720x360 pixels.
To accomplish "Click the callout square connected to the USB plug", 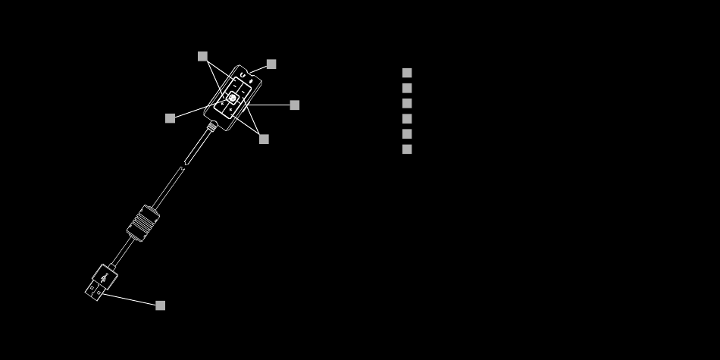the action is (x=160, y=305).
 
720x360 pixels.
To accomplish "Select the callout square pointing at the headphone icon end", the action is (x=271, y=64).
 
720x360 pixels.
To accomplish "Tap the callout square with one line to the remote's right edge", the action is (x=295, y=105).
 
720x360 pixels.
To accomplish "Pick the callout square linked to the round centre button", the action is (x=170, y=118).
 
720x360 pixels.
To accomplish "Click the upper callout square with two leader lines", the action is (x=202, y=56).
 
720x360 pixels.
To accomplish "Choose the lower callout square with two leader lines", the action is (x=264, y=139).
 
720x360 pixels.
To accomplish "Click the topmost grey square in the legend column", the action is (x=407, y=73).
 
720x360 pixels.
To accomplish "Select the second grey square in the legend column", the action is (x=407, y=88).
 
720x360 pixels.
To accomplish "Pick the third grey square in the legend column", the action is (x=407, y=103).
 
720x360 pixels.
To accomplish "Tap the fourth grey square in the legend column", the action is (x=407, y=118).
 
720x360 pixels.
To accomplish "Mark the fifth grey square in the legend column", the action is (x=407, y=133).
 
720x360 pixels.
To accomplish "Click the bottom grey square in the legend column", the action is (x=407, y=149).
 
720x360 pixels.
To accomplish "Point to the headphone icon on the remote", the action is (x=242, y=75).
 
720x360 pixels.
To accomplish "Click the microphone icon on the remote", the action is (x=252, y=79).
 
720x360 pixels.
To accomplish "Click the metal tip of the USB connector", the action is (x=93, y=291).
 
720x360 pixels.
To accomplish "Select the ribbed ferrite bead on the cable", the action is (x=142, y=223).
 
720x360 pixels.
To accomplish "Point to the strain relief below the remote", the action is (x=211, y=127).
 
